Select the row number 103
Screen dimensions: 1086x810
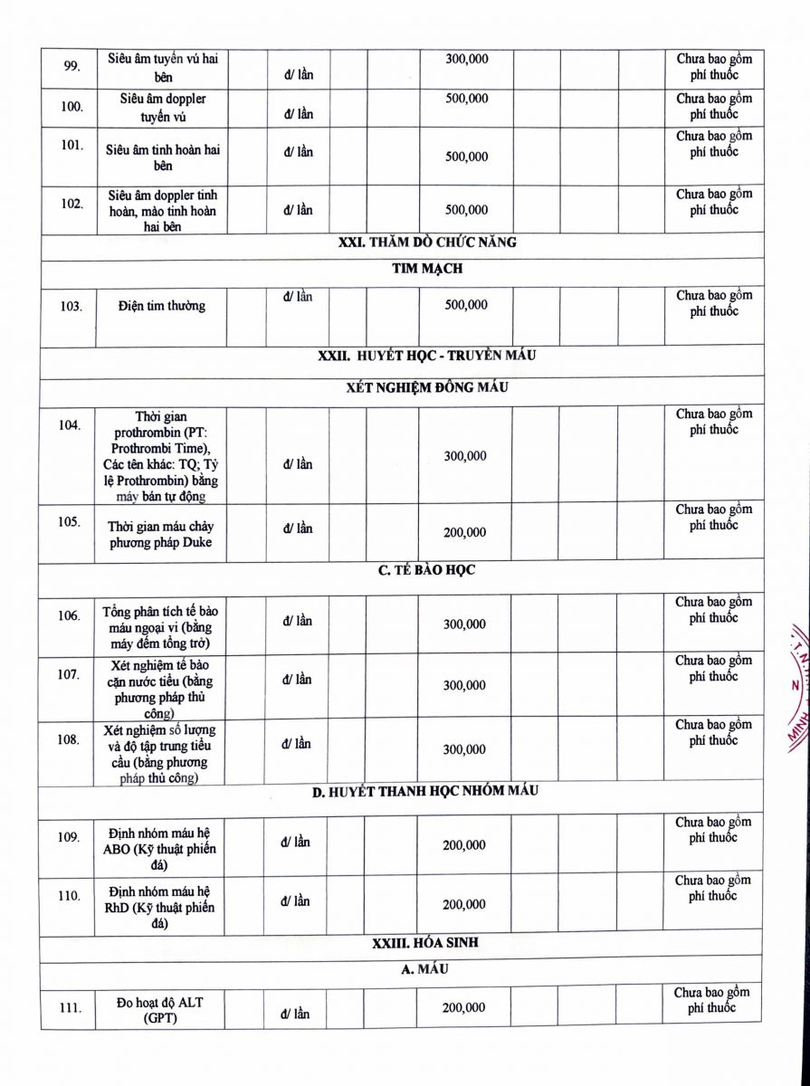71,306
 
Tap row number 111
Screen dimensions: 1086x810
71,1007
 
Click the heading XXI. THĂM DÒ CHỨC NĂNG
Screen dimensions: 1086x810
426,242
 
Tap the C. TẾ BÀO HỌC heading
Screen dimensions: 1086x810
426,570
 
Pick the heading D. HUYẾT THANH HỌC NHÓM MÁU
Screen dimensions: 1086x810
425,791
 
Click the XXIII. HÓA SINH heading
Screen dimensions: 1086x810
425,943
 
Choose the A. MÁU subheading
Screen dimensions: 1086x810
426,970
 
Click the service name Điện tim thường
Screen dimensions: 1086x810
161,306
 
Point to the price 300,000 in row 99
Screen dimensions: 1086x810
467,59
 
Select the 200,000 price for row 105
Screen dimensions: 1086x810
464,533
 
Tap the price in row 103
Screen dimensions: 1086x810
466,305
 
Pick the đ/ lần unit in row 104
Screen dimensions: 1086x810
298,464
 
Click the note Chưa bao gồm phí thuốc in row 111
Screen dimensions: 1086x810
712,1000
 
